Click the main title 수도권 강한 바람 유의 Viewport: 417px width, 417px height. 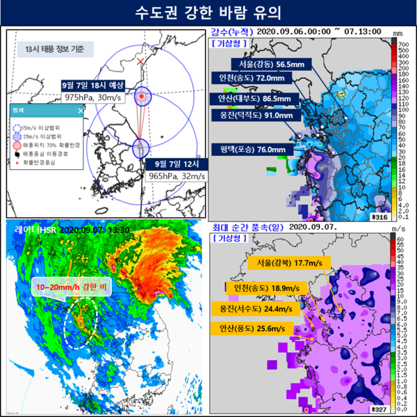click(x=208, y=13)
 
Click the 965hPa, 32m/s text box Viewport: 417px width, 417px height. click(x=176, y=177)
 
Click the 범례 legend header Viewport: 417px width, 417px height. click(x=20, y=110)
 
